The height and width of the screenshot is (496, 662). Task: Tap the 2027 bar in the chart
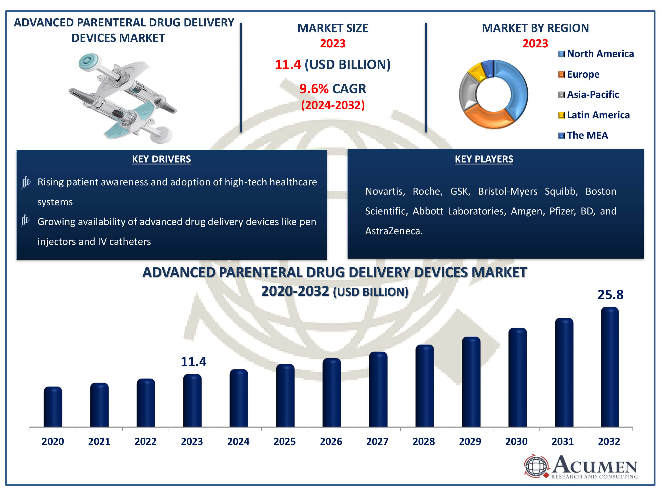pos(378,389)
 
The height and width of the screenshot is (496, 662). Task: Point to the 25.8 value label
pos(611,295)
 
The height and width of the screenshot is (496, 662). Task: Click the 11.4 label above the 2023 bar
pos(193,362)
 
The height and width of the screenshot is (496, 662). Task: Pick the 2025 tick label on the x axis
pos(285,442)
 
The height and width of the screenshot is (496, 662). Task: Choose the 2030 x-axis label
pos(516,442)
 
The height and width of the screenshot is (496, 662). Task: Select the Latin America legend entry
pos(594,115)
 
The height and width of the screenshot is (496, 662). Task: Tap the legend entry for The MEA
pos(583,135)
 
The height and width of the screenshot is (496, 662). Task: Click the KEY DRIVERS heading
pos(161,159)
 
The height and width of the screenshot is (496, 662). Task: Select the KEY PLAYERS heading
pos(484,159)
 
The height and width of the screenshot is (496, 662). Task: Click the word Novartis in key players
pos(385,191)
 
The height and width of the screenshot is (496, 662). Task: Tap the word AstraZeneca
pos(393,231)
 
